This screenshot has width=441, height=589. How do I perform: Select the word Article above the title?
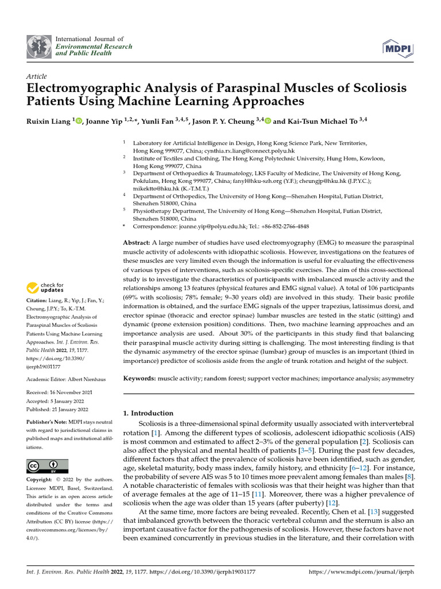tap(37, 77)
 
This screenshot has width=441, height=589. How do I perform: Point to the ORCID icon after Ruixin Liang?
tap(79, 121)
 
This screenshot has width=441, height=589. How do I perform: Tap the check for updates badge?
tap(45, 286)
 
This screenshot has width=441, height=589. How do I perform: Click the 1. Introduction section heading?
tap(149, 413)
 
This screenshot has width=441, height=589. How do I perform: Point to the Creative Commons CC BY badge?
tap(48, 466)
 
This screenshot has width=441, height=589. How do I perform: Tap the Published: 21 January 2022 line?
tap(57, 409)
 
